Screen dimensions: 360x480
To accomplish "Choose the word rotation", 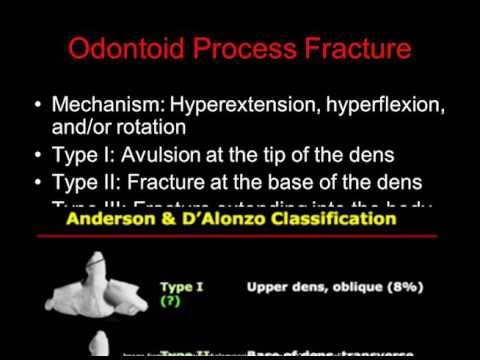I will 158,128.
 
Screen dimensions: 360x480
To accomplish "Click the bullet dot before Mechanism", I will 38,106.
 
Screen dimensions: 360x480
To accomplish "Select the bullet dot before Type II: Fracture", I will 38,183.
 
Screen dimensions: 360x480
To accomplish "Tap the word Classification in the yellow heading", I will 339,217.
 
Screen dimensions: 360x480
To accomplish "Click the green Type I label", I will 182,287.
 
